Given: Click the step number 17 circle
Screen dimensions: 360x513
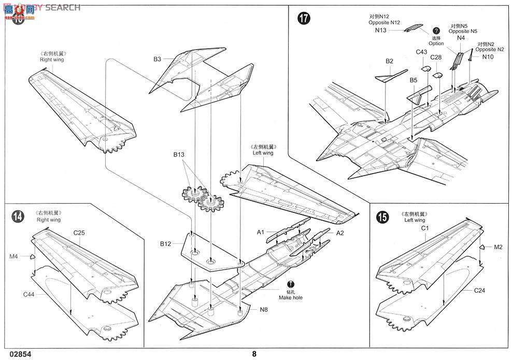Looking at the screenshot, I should [304, 20].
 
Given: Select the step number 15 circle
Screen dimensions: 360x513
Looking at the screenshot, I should [382, 218].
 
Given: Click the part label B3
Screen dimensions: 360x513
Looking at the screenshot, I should [158, 59].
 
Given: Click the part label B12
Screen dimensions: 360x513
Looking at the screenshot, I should [166, 243].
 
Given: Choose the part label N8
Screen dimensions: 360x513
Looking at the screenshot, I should [265, 310].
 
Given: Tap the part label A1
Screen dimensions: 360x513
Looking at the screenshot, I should [261, 232].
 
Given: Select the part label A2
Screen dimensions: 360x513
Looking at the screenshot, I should [340, 233].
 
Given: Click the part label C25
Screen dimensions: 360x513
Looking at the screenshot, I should [79, 233].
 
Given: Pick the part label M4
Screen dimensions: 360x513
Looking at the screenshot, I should [13, 256].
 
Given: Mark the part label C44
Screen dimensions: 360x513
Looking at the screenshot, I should [29, 294].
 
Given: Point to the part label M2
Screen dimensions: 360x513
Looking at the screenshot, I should [498, 247].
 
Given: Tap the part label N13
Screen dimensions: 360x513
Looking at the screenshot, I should [381, 31].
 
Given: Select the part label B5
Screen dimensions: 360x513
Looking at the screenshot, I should [413, 80].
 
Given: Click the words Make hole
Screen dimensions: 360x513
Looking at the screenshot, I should [291, 298].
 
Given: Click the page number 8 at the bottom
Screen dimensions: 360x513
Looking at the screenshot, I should [254, 354].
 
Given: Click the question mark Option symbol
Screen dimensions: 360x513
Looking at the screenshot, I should [436, 31].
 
